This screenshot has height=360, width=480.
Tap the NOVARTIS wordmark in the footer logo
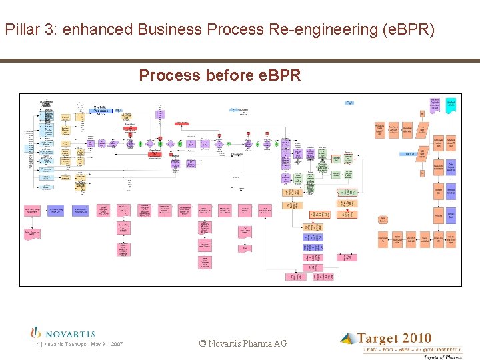[x=70, y=334]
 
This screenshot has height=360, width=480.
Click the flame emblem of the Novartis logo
[x=37, y=332]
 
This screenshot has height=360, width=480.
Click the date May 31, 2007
[x=107, y=344]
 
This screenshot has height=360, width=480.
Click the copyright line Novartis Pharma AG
[x=243, y=343]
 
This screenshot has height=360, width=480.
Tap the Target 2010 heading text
[x=394, y=339]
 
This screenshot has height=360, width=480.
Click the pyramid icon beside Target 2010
[x=348, y=339]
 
